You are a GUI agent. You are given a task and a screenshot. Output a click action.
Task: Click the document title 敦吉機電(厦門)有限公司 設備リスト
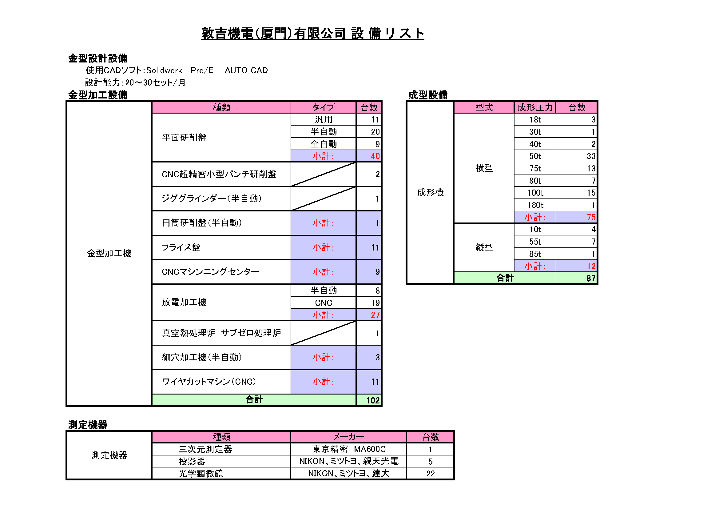[312, 33]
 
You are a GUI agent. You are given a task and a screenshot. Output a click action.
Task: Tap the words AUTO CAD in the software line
[246, 70]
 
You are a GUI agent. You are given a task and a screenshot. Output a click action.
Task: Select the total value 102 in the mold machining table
[373, 400]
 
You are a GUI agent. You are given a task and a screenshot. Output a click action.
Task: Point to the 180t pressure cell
[535, 205]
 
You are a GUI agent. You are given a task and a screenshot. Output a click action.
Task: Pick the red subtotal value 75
[591, 217]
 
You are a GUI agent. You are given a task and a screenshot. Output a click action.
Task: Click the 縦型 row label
[484, 247]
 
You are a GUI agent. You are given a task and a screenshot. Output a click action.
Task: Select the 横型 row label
[484, 168]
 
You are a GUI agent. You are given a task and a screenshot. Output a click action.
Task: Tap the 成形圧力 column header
[535, 107]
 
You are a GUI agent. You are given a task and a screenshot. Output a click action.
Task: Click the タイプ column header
[323, 107]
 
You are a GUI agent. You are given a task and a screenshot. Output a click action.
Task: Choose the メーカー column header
[348, 437]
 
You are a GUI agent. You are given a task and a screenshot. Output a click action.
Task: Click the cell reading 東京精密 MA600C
[349, 449]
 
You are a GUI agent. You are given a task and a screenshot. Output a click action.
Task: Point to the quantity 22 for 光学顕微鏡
[430, 474]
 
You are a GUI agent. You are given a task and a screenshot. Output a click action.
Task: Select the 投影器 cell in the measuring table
[192, 461]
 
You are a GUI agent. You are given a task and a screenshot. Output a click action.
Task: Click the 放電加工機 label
[184, 302]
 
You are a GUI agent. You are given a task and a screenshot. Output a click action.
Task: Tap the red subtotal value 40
[375, 156]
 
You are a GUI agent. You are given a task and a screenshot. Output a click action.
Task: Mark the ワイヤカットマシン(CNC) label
[209, 381]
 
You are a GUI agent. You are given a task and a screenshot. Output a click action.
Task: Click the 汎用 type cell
[324, 119]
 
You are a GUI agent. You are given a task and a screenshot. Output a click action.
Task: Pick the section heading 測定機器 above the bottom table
[88, 425]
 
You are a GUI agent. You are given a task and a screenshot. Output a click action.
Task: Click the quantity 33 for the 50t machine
[591, 156]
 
